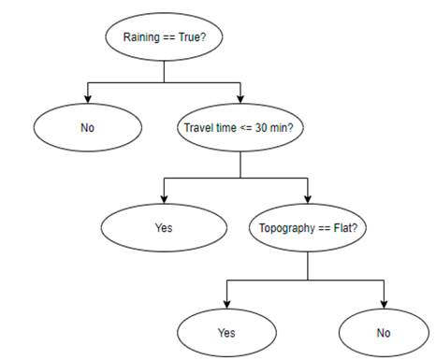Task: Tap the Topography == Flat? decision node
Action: pyautogui.click(x=309, y=226)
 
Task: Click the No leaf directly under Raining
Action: pyautogui.click(x=87, y=127)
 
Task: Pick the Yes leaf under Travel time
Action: pyautogui.click(x=164, y=226)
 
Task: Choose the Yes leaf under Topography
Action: pyautogui.click(x=225, y=332)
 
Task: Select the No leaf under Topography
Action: pyautogui.click(x=384, y=332)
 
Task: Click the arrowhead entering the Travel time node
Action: pyautogui.click(x=240, y=98)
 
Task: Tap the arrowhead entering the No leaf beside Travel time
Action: pyautogui.click(x=87, y=98)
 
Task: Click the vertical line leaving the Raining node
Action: pyautogui.click(x=164, y=72)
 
